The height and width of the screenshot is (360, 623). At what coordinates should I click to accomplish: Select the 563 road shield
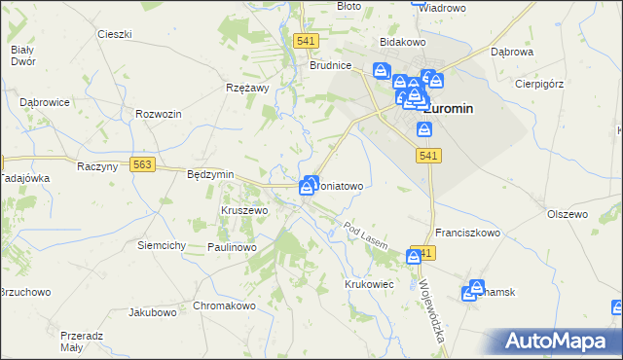coord(143,165)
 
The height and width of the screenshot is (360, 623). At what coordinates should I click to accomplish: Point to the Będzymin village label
coord(210,174)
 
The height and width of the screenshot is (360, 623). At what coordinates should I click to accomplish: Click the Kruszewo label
coord(243,210)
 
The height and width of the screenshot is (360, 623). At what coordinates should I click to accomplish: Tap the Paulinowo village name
coord(231,248)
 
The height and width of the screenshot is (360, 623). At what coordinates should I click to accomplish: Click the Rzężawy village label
coord(246,87)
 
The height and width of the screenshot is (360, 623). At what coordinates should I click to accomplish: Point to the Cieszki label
coord(115,34)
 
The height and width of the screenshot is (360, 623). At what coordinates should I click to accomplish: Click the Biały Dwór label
coord(22,55)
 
